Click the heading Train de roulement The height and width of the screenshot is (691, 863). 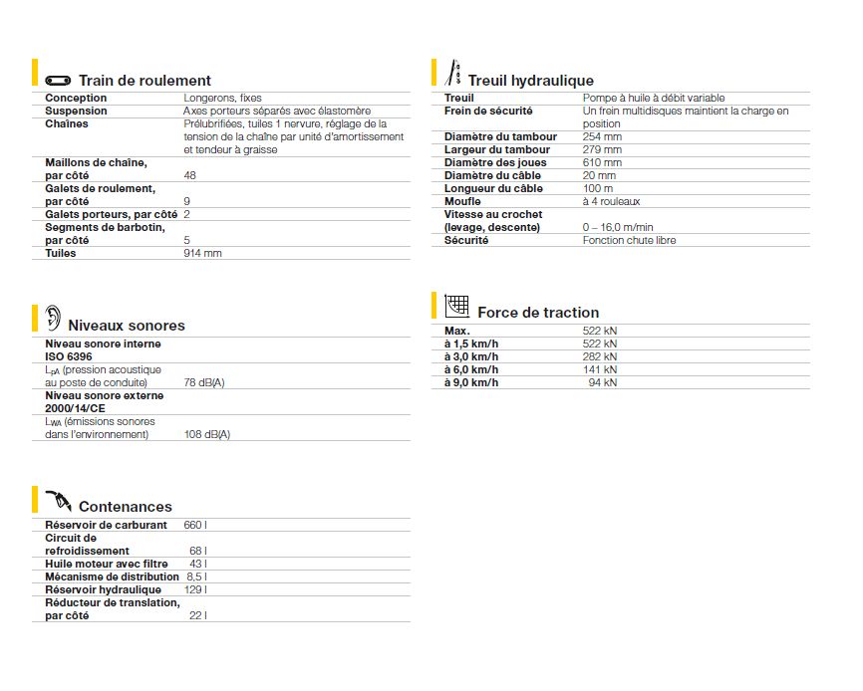point(144,81)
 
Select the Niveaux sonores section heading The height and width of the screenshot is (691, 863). point(126,326)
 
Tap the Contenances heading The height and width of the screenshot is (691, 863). point(125,507)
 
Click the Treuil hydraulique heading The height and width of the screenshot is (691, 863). point(530,81)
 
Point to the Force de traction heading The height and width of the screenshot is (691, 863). point(538,313)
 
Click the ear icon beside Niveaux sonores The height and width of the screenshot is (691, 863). point(52,319)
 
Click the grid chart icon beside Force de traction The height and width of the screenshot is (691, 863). point(456,306)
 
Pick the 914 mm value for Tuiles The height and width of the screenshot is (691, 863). point(202,253)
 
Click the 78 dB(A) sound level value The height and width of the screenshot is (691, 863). point(204,382)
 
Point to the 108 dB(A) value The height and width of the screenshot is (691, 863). point(207,434)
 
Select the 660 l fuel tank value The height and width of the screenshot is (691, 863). point(195,525)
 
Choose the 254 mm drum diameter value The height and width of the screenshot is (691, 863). point(602,136)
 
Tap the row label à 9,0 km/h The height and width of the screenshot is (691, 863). point(471,382)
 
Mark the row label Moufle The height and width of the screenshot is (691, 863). point(462,201)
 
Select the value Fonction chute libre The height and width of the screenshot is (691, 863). point(629,240)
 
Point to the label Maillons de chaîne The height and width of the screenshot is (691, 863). point(96,162)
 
